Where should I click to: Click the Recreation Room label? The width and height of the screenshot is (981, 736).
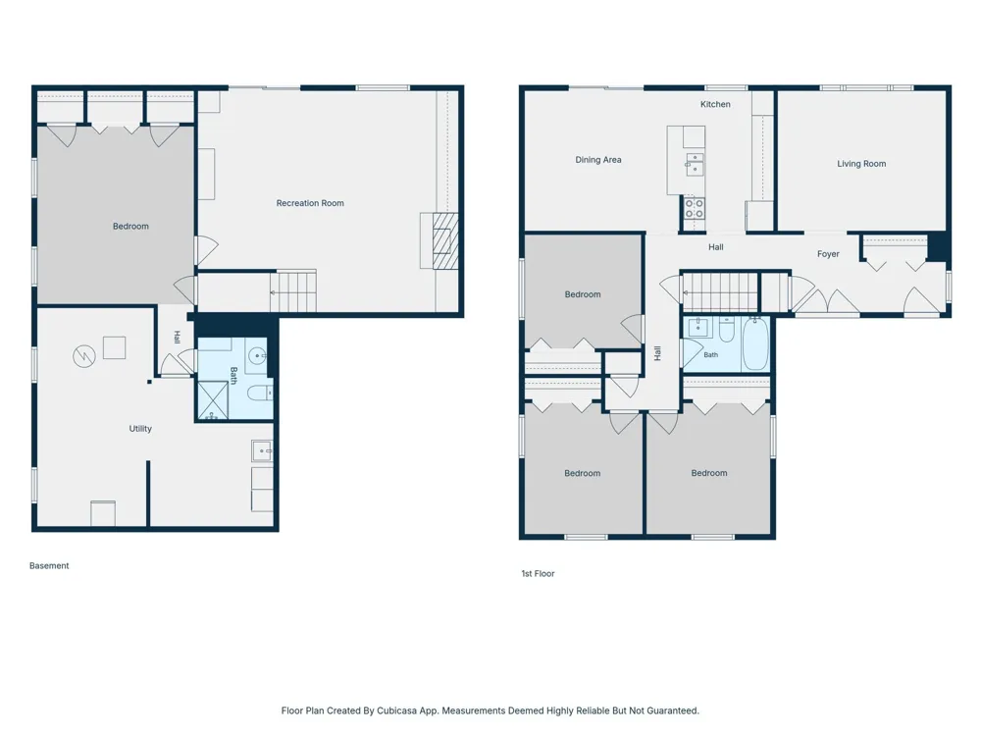coord(310,203)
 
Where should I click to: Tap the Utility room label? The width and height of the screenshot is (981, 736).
coord(140,429)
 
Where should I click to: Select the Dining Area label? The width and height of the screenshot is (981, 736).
coord(598,160)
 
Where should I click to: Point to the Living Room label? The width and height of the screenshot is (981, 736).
coord(861,164)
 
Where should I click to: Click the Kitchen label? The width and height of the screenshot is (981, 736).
coord(715,105)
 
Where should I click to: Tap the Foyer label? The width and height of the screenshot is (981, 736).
coord(828,254)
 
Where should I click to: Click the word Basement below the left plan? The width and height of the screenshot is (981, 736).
coord(49,566)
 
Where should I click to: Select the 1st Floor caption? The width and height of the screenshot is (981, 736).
coord(538,573)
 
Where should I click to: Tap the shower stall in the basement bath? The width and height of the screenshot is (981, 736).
coord(213,400)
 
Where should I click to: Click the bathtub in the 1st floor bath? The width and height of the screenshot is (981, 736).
coord(755,342)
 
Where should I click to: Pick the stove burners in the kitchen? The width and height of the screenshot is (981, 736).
coord(694,208)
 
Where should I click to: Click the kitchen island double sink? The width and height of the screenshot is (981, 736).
coord(695,164)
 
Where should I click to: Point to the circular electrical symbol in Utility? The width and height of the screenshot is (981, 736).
coord(83,357)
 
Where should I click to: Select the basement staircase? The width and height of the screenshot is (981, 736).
coord(292,291)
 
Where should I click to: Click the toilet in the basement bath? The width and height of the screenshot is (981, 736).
coord(259,394)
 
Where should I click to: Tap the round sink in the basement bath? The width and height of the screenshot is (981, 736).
coord(257,356)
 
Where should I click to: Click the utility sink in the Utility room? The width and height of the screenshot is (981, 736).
coord(262,450)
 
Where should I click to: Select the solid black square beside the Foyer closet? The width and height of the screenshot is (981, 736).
coord(937,246)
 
